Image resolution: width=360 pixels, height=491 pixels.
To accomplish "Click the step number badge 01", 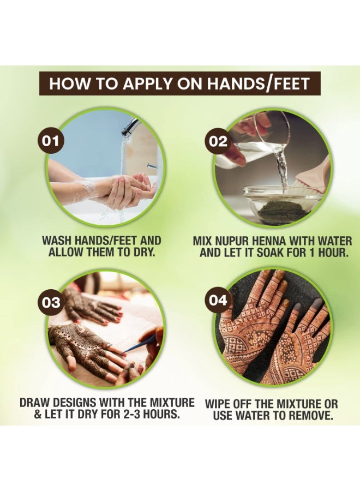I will [x=51, y=141].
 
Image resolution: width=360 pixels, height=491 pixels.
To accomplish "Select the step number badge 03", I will [x=51, y=302].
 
